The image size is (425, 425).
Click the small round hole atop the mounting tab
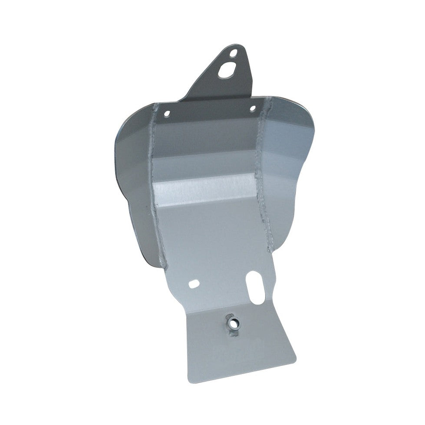(x=234, y=54)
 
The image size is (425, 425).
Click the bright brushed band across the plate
(x=204, y=187)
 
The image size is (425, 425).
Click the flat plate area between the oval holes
(x=224, y=283)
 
